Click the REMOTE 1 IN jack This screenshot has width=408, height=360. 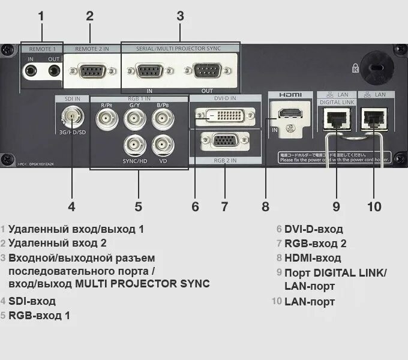click(x=31, y=71)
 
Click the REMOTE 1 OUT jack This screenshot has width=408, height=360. click(x=54, y=71)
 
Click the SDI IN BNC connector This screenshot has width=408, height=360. click(x=71, y=114)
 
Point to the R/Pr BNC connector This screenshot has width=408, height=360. click(x=107, y=118)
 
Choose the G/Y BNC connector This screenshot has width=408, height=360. click(x=134, y=118)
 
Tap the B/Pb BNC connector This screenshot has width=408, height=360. click(x=162, y=118)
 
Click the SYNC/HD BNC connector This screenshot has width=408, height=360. click(x=134, y=146)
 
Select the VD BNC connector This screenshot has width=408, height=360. click(x=162, y=146)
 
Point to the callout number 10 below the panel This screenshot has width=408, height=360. click(x=374, y=206)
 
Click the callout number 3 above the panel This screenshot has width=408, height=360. click(x=180, y=16)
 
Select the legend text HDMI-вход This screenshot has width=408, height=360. click(x=313, y=258)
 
